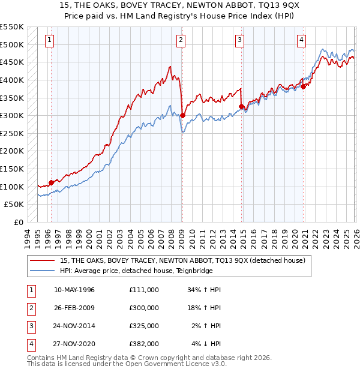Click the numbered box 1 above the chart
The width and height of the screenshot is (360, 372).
pyautogui.click(x=49, y=40)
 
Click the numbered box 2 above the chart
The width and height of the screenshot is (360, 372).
pyautogui.click(x=181, y=40)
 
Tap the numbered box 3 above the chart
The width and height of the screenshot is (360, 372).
pyautogui.click(x=239, y=40)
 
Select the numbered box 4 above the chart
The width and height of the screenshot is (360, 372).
pyautogui.click(x=301, y=40)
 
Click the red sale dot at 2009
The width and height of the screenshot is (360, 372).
pyautogui.click(x=182, y=116)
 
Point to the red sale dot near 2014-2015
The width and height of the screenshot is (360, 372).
pyautogui.click(x=241, y=107)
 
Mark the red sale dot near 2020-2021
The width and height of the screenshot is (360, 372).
pyautogui.click(x=304, y=86)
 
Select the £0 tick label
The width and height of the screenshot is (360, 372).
pyautogui.click(x=17, y=222)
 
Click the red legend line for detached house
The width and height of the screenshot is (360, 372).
pyautogui.click(x=43, y=260)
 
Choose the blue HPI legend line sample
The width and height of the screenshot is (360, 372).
pyautogui.click(x=43, y=271)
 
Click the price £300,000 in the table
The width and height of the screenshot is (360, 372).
pyautogui.click(x=144, y=308)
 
